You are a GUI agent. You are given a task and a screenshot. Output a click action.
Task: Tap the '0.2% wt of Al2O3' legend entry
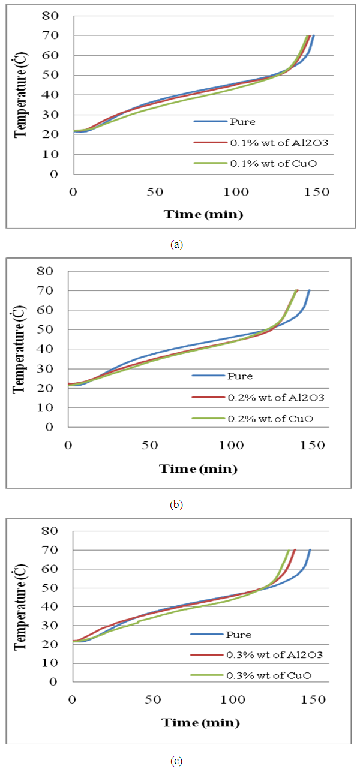click(258, 396)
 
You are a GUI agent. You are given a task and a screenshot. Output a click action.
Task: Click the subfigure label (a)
click(176, 244)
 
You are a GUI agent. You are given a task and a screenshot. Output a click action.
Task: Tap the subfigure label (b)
click(176, 504)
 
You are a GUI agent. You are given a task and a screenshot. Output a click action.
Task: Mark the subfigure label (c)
click(176, 761)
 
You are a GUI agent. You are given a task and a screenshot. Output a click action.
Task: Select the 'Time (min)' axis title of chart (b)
click(199, 468)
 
